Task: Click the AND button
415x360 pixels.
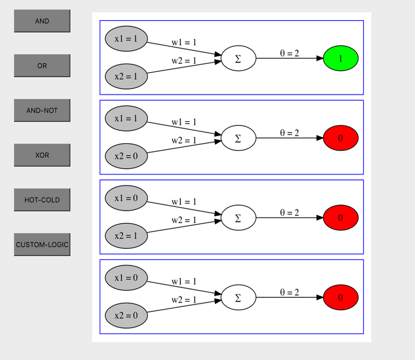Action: (x=42, y=21)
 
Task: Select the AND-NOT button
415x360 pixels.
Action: (x=42, y=111)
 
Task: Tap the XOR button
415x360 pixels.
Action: (x=42, y=155)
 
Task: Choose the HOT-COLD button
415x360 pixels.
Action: (x=42, y=200)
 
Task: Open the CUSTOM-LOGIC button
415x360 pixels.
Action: (x=42, y=245)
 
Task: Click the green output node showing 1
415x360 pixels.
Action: (x=341, y=58)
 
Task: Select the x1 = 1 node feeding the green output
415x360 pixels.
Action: (x=126, y=39)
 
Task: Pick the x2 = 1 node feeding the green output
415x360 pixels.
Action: (x=126, y=76)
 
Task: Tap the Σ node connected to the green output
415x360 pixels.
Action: (x=238, y=59)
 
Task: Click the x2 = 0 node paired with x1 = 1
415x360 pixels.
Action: (x=126, y=156)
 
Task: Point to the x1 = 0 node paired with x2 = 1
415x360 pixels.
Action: (x=126, y=198)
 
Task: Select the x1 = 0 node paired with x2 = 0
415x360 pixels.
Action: (x=126, y=278)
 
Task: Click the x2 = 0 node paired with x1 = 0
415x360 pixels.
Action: (x=126, y=315)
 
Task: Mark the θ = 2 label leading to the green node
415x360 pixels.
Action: (x=289, y=54)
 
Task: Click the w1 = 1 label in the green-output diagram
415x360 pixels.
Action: (x=184, y=42)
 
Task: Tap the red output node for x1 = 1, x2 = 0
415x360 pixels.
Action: (x=341, y=138)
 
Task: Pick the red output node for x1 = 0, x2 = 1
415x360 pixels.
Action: (x=341, y=217)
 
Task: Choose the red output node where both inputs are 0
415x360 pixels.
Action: (x=341, y=297)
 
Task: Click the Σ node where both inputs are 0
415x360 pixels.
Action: (x=238, y=297)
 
